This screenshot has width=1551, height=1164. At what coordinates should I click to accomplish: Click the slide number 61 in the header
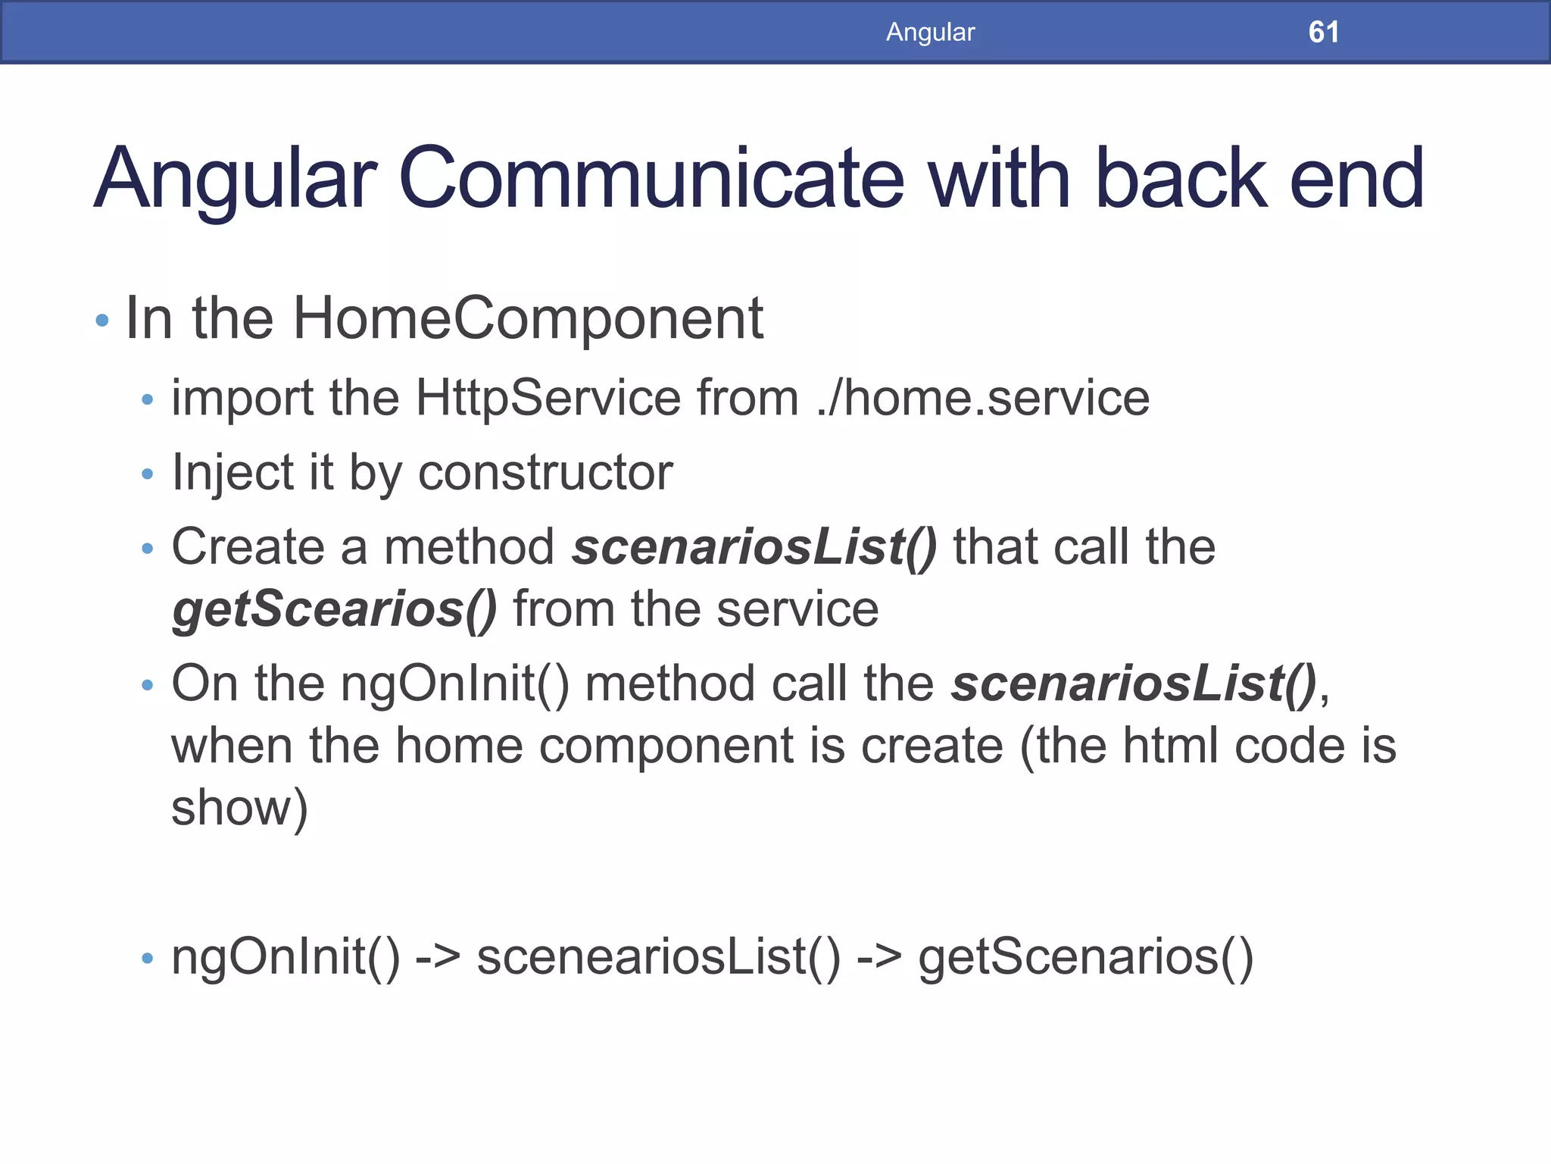(1323, 32)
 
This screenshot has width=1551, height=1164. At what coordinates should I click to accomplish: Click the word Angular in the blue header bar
(930, 32)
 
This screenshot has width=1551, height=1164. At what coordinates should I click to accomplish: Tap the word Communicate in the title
(651, 179)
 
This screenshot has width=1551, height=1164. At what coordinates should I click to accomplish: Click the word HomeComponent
(528, 319)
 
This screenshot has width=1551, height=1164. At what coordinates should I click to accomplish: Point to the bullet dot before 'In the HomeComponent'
(103, 321)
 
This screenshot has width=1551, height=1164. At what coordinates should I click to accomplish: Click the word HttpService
(548, 398)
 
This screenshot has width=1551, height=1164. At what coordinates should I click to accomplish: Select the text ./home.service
(983, 398)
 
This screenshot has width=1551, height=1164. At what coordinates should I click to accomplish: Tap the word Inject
(232, 472)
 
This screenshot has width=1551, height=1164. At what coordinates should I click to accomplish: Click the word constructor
(545, 472)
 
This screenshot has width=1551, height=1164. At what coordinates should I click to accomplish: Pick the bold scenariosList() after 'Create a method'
(754, 546)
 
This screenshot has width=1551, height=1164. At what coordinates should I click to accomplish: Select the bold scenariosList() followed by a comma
(1134, 684)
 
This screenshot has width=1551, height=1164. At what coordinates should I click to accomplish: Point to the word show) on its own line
(239, 808)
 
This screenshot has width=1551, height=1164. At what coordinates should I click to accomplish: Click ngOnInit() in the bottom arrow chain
(286, 957)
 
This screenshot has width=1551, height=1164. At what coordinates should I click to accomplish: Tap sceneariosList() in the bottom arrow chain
(658, 957)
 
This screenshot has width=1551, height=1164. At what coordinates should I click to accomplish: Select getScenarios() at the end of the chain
(1085, 957)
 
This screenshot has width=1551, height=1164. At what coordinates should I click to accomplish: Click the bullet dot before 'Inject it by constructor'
(148, 474)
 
